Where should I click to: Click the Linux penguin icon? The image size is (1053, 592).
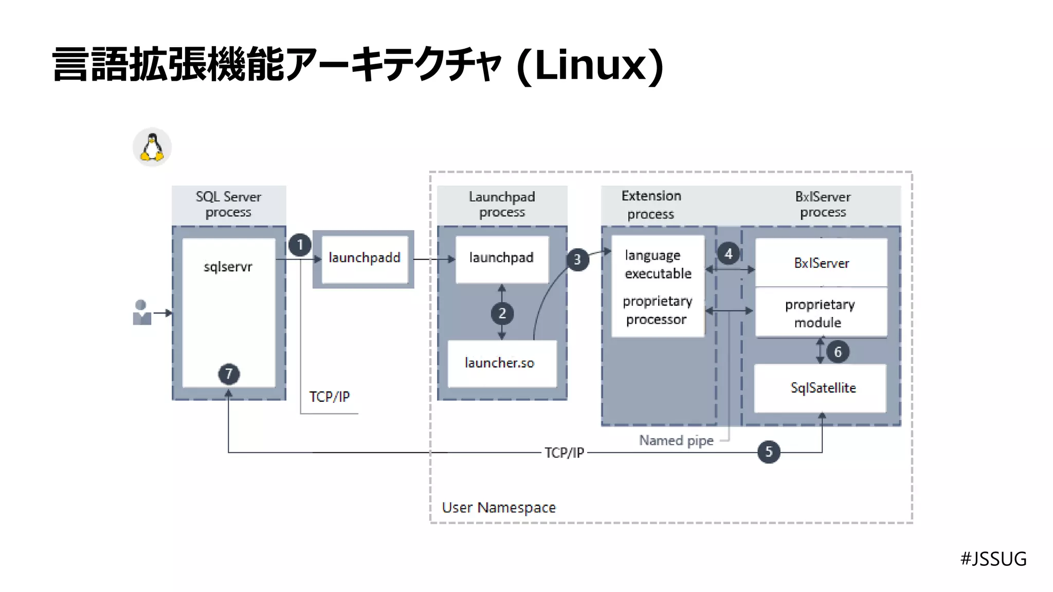click(152, 147)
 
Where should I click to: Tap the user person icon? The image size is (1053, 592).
click(141, 312)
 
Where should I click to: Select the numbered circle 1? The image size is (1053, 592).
click(300, 245)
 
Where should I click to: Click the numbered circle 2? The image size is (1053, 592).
click(502, 313)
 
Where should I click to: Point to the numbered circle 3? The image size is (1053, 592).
click(577, 260)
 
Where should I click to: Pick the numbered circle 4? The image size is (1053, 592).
click(729, 254)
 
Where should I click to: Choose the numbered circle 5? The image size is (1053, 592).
click(769, 452)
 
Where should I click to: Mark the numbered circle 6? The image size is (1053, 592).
click(838, 352)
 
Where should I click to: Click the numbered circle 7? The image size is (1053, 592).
click(229, 374)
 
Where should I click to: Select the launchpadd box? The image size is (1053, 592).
click(364, 258)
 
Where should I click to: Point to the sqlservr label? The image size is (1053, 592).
click(228, 267)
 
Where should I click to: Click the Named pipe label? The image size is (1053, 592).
click(676, 440)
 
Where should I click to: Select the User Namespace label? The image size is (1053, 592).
click(499, 508)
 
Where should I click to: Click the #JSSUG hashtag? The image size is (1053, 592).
click(993, 559)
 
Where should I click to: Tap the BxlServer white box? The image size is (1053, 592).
click(821, 263)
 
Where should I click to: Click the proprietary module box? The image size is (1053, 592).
click(821, 313)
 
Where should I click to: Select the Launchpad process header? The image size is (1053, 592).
click(502, 205)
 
